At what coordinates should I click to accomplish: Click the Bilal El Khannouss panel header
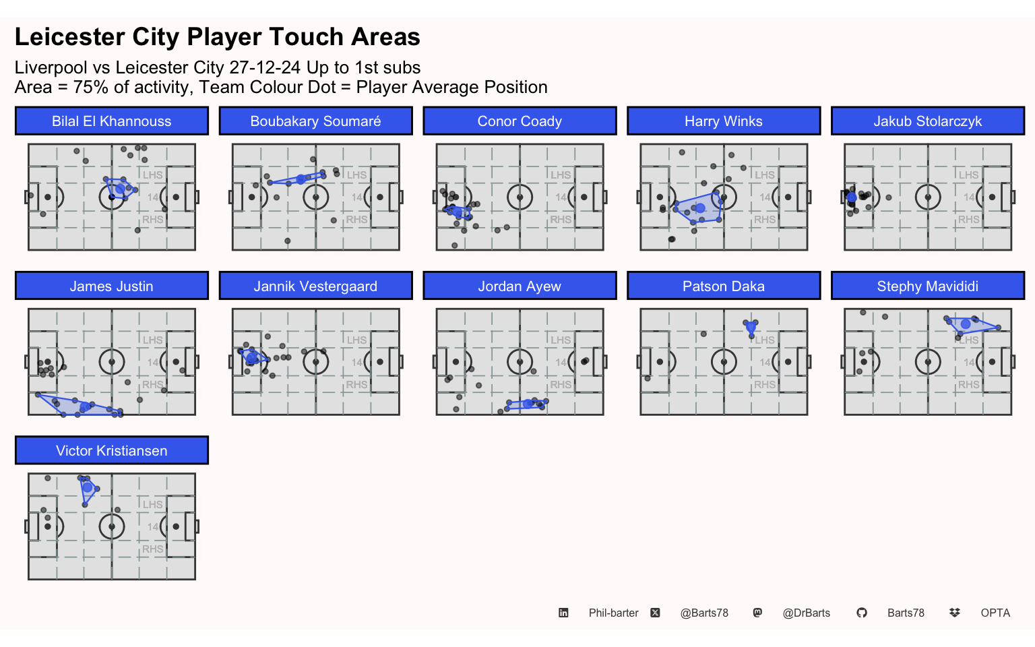111,121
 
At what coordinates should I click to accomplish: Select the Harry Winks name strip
724,121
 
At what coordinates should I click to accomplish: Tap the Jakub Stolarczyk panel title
927,121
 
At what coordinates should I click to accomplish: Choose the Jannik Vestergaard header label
315,286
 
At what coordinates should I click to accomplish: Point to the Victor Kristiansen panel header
111,451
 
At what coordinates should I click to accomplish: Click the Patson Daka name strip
724,286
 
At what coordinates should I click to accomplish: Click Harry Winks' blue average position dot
700,208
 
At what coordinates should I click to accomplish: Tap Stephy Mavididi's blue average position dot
965,324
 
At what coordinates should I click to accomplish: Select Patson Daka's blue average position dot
751,327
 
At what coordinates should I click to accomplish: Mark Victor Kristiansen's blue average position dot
88,487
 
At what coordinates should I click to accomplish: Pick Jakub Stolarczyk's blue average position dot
852,197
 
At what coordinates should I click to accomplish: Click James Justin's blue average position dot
85,406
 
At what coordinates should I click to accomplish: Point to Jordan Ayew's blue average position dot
528,404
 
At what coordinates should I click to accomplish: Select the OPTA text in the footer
995,613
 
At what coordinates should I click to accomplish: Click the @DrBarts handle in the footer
807,613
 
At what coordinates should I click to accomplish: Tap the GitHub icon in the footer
862,613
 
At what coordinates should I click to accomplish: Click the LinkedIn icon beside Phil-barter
563,613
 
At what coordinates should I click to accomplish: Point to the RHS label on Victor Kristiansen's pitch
152,549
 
